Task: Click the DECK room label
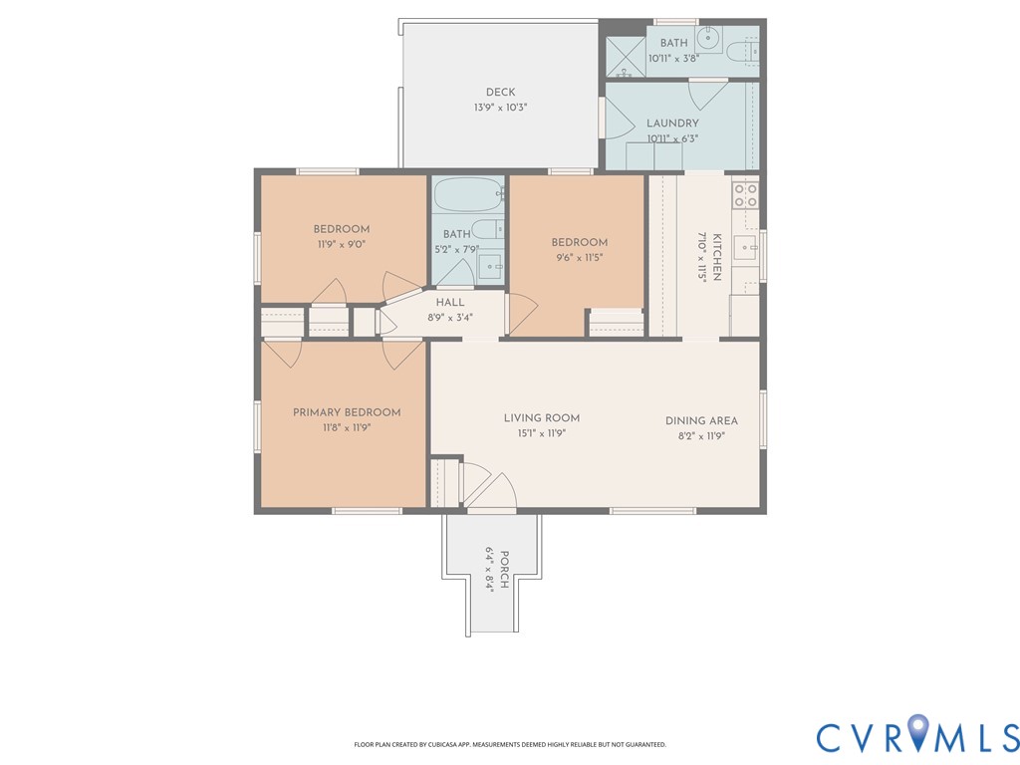point(500,93)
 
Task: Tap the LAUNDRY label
point(672,123)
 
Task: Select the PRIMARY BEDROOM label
point(347,412)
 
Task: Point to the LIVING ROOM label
point(542,418)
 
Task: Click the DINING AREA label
point(701,421)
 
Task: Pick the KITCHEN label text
point(717,257)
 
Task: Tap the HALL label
point(450,303)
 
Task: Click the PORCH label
point(505,570)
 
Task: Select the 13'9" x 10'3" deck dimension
point(500,108)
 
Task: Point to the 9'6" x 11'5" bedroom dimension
point(579,258)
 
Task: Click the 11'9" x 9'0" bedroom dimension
point(342,245)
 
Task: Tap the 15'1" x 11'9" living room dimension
point(542,434)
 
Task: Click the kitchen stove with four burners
point(745,195)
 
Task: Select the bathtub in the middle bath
point(468,194)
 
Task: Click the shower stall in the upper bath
point(626,57)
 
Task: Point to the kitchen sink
point(745,248)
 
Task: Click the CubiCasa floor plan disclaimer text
point(510,744)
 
